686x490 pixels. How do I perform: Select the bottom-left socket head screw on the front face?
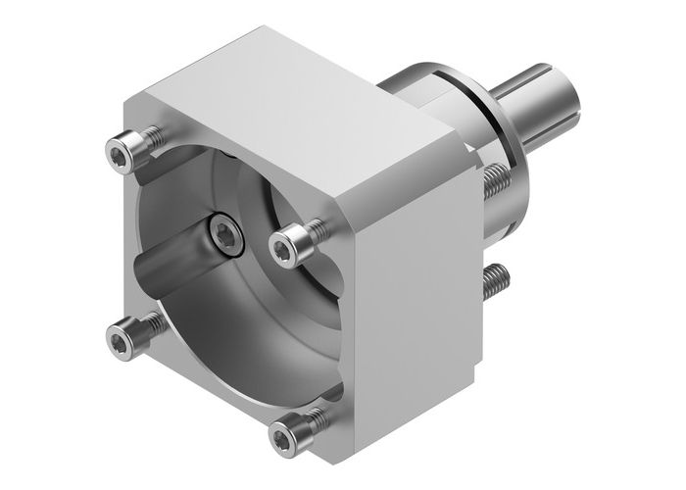120,339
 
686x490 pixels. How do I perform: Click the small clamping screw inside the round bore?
224,235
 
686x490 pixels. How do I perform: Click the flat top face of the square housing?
294,118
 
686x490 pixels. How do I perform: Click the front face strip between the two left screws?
123,245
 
